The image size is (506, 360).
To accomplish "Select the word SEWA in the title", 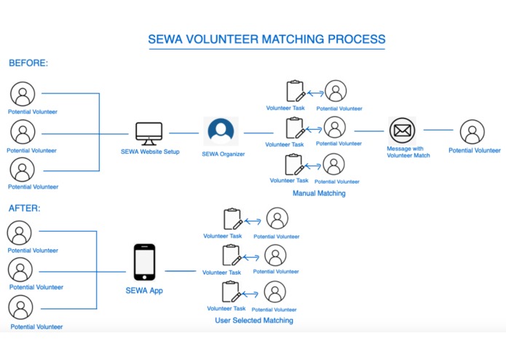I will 168,39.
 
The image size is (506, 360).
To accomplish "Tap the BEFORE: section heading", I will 28,63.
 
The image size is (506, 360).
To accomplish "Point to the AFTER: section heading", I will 25,208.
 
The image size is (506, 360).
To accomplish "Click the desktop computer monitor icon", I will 149,133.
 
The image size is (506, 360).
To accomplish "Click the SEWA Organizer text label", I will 224,154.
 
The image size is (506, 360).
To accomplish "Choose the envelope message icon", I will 401,131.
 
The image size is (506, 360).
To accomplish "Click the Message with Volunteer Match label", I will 408,152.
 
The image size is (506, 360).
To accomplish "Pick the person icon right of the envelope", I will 473,133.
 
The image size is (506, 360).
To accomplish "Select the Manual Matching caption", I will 319,194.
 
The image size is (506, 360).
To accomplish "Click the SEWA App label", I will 144,290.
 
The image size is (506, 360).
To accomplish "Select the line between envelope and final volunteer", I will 438,130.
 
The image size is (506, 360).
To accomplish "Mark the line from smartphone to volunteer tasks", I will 180,271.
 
